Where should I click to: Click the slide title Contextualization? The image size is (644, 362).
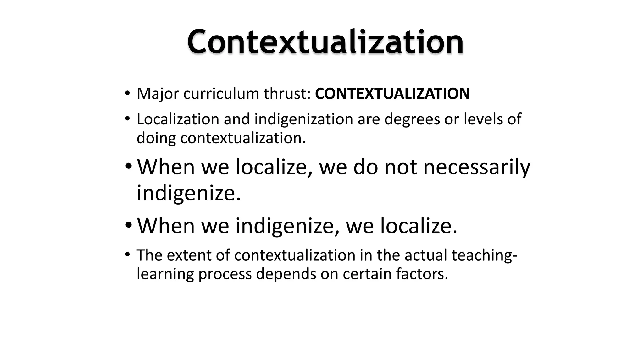pyautogui.click(x=325, y=42)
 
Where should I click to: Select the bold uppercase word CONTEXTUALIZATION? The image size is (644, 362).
pyautogui.click(x=392, y=94)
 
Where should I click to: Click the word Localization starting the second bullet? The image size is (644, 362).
pyautogui.click(x=178, y=119)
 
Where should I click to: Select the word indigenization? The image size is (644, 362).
pyautogui.click(x=304, y=119)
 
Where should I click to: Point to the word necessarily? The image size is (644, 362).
pyautogui.click(x=476, y=167)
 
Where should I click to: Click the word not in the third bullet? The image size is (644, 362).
pyautogui.click(x=401, y=167)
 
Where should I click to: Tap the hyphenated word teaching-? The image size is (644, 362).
pyautogui.click(x=484, y=255)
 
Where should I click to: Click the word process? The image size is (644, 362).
pyautogui.click(x=225, y=274)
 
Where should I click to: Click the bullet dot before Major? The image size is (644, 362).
pyautogui.click(x=127, y=93)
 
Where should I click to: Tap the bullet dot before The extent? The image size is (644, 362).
pyautogui.click(x=127, y=255)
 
